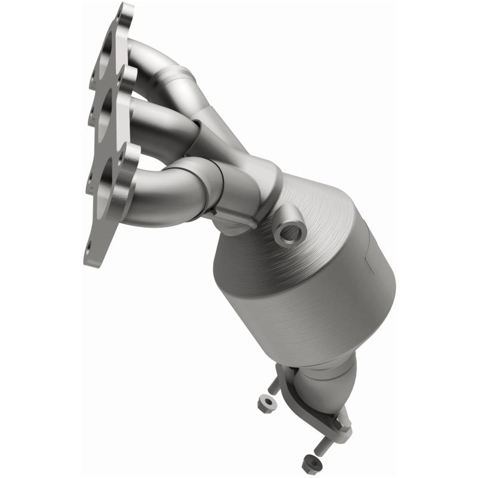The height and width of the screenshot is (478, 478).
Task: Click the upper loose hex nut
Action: (267, 404)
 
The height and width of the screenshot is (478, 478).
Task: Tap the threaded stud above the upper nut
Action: (275, 385)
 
